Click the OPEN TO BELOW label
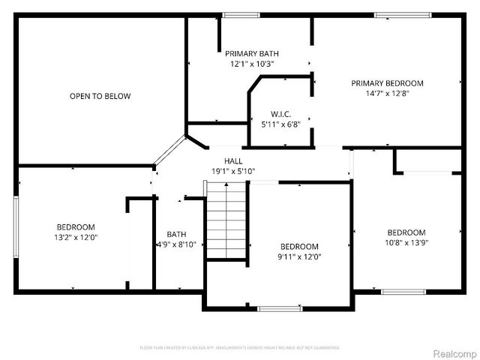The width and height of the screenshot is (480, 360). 100,96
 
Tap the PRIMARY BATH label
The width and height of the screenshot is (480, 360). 252,53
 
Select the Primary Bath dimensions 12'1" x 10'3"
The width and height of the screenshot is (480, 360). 252,64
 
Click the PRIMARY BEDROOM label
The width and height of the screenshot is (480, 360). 387,83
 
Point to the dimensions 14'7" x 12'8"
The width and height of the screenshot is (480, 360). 387,94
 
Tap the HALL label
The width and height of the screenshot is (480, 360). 232,161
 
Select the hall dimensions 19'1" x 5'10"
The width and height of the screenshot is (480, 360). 232,172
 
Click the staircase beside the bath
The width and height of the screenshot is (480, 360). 226,222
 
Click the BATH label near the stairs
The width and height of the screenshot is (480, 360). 176,234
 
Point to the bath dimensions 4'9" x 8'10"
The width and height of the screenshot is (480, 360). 176,244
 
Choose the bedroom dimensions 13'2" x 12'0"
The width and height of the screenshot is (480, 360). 76,238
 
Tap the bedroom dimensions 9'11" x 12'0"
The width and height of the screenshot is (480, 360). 299,257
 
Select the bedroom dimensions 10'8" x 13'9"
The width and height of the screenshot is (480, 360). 406,243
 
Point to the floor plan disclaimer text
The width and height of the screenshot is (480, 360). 240,348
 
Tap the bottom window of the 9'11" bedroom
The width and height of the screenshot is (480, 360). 280,307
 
